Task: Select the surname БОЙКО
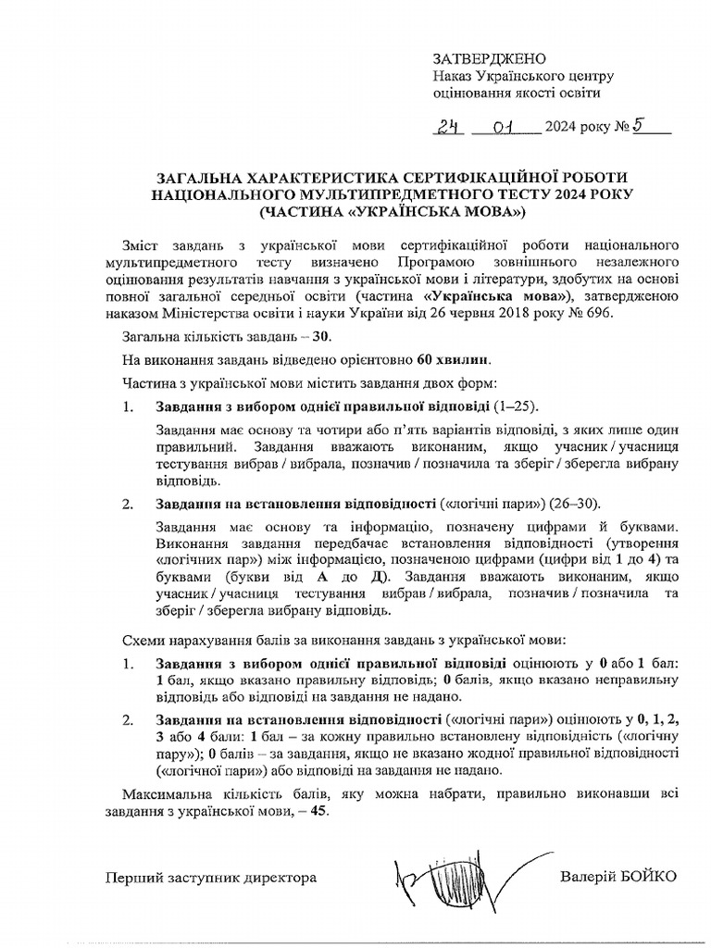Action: pos(646,877)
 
